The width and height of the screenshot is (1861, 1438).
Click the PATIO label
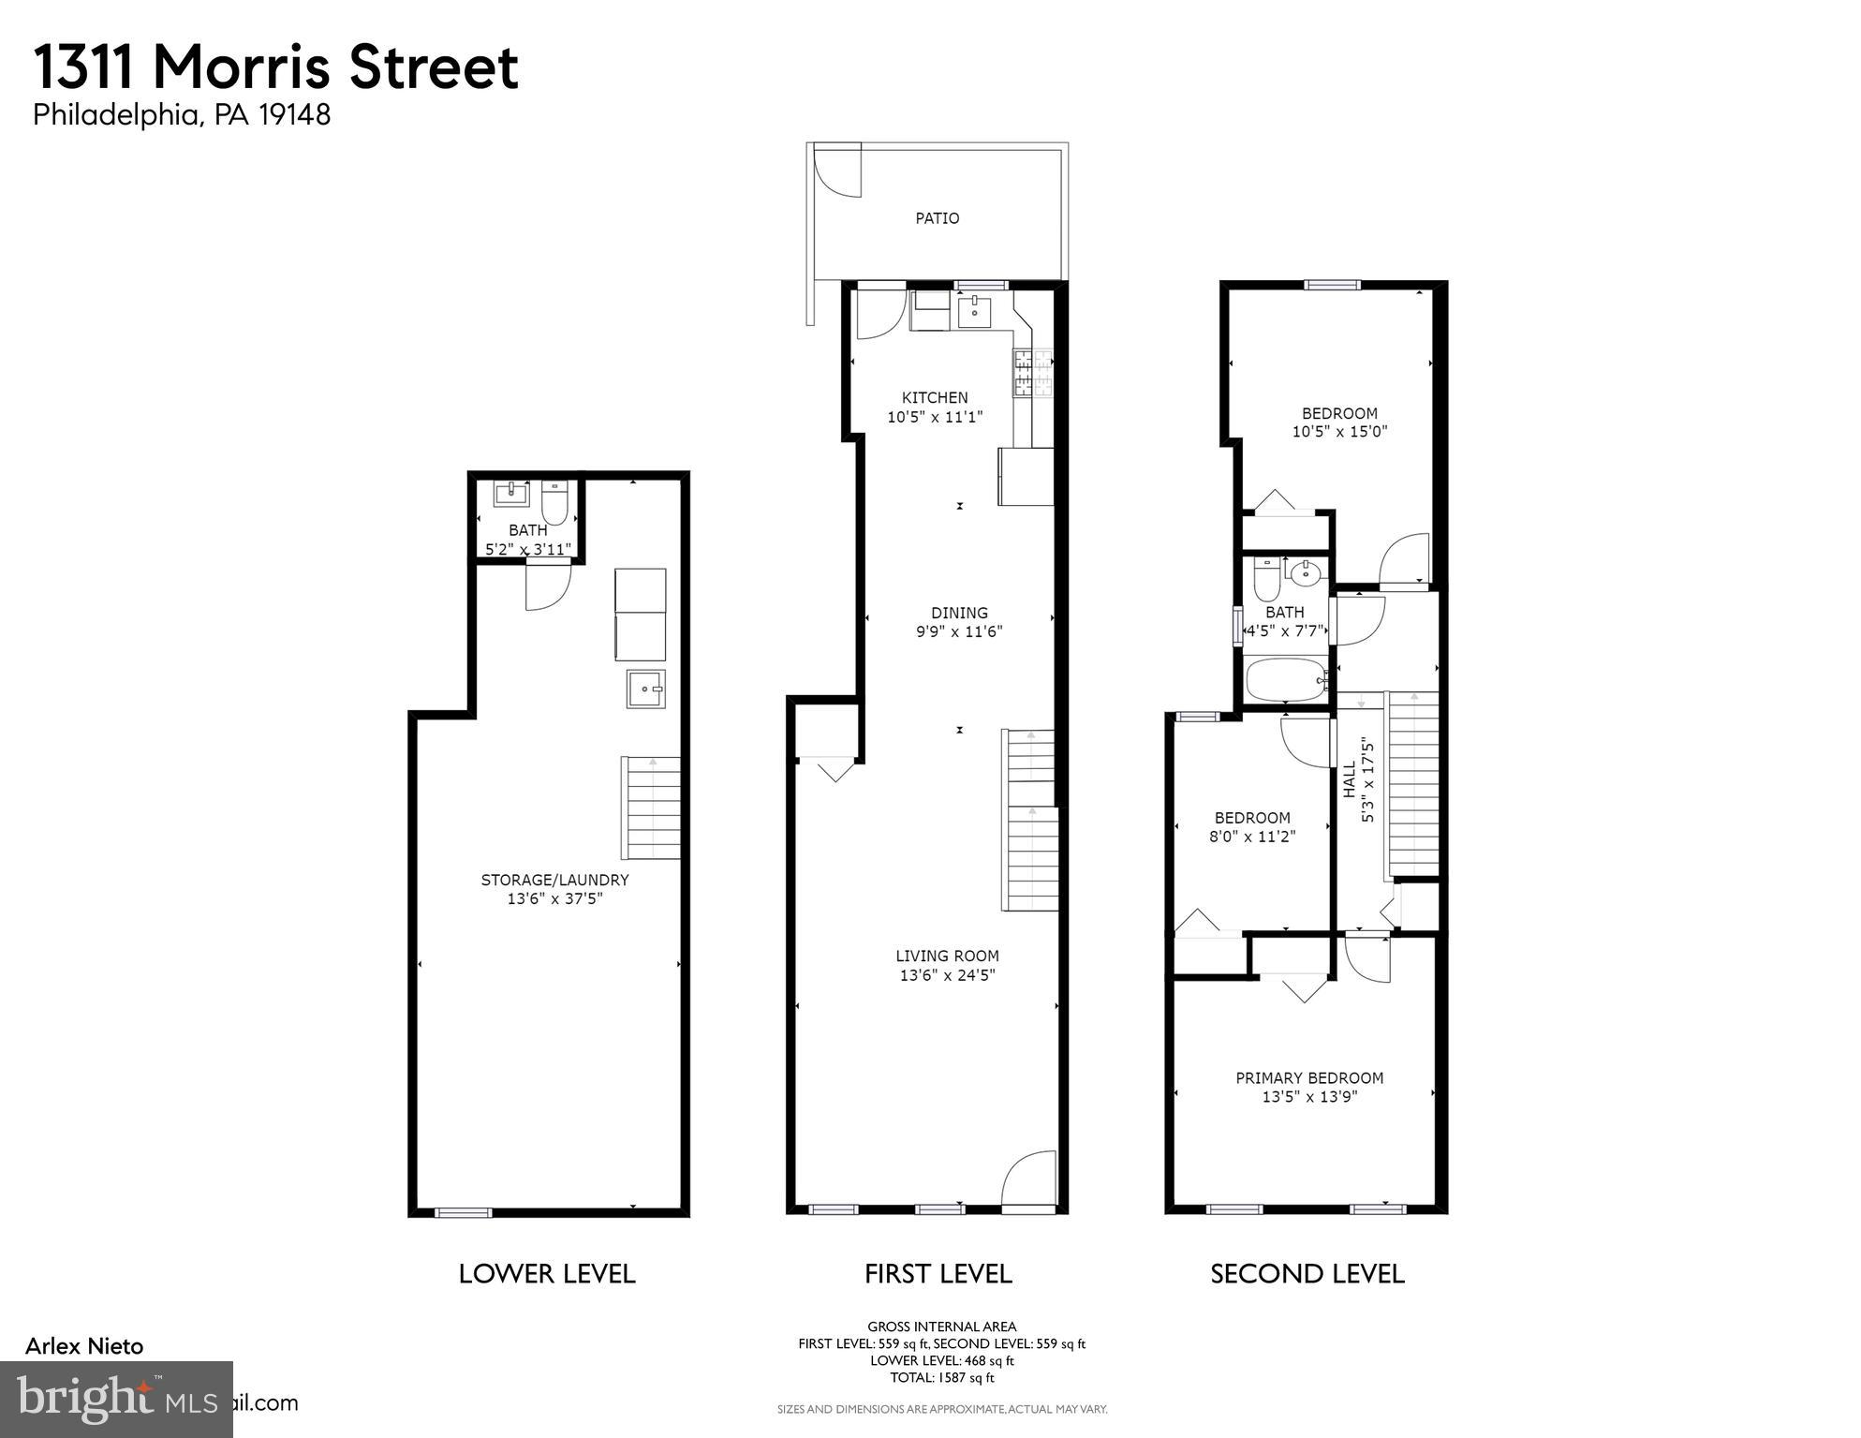pyautogui.click(x=937, y=218)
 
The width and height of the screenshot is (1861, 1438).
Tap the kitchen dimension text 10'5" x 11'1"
pyautogui.click(x=935, y=417)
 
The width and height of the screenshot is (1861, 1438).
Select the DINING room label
pyautogui.click(x=959, y=614)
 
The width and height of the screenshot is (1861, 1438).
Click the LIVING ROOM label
pyautogui.click(x=947, y=956)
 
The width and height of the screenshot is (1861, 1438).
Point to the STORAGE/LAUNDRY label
pyautogui.click(x=554, y=880)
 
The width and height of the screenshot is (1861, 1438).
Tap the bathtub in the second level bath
pyautogui.click(x=1285, y=679)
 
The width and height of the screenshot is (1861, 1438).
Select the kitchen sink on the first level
pyautogui.click(x=975, y=310)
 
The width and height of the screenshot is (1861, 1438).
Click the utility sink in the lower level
pyautogui.click(x=645, y=689)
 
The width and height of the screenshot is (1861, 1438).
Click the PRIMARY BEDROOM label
pyautogui.click(x=1308, y=1077)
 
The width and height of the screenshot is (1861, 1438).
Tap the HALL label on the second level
pyautogui.click(x=1350, y=778)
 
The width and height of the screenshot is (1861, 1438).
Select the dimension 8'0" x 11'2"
pyautogui.click(x=1251, y=837)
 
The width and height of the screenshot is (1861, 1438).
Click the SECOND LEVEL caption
pyautogui.click(x=1307, y=1273)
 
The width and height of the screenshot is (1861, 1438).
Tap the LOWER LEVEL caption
pyautogui.click(x=547, y=1273)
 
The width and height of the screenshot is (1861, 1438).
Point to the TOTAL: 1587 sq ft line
pyautogui.click(x=941, y=1377)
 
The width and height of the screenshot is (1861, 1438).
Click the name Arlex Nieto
pyautogui.click(x=84, y=1346)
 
